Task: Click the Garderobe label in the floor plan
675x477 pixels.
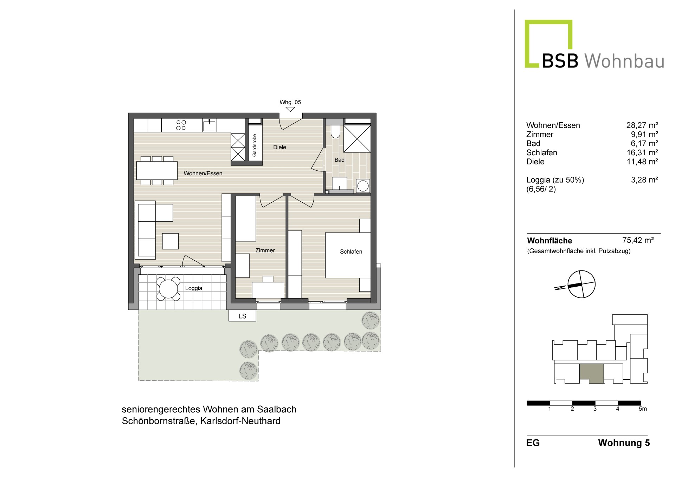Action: click(x=255, y=145)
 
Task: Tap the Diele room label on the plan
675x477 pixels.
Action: click(x=280, y=147)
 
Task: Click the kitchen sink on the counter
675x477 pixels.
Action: click(x=209, y=125)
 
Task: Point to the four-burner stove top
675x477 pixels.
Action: click(x=181, y=125)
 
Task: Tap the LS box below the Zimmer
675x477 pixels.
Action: click(x=242, y=316)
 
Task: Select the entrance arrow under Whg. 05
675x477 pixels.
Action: click(x=290, y=109)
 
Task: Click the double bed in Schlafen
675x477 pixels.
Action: click(x=348, y=255)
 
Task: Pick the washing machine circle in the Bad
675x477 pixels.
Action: click(x=363, y=186)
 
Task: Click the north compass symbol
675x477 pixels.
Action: click(x=582, y=284)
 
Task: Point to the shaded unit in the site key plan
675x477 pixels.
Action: click(x=591, y=373)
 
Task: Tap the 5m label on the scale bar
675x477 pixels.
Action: click(x=643, y=409)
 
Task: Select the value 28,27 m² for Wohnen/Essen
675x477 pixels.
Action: click(x=642, y=125)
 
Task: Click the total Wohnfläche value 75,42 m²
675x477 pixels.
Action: click(x=638, y=240)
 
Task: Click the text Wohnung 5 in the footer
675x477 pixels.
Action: click(x=624, y=443)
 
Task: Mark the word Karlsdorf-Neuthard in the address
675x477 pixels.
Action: click(x=240, y=421)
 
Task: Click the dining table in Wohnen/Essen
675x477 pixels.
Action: click(x=157, y=170)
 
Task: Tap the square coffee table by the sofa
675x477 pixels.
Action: click(x=171, y=241)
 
